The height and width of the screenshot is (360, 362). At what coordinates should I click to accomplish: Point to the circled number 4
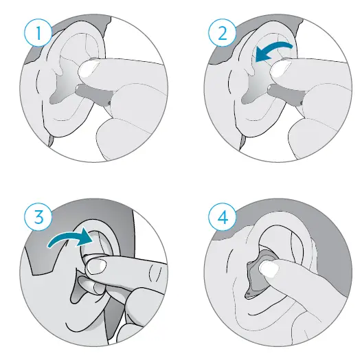point(223,216)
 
